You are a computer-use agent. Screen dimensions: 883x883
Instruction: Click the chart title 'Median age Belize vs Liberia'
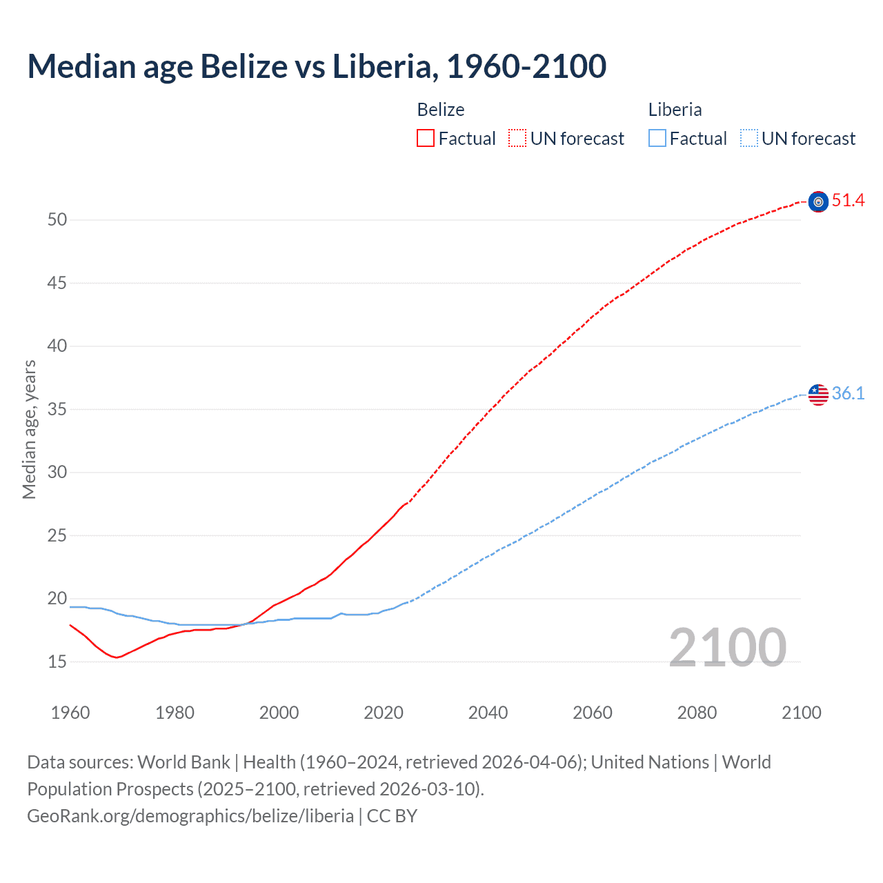(317, 67)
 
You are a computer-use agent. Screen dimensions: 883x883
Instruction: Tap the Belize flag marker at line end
(818, 201)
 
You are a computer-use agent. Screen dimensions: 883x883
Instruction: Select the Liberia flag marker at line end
(818, 395)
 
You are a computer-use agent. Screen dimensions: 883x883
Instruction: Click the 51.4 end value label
(848, 201)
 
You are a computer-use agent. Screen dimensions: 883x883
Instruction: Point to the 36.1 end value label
(848, 394)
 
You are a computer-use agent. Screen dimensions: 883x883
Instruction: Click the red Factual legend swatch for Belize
(426, 139)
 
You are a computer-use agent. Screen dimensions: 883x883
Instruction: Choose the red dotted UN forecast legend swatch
(517, 139)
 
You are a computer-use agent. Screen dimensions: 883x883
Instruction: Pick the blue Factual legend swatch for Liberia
(657, 139)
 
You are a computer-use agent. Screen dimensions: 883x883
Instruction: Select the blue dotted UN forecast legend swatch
(748, 139)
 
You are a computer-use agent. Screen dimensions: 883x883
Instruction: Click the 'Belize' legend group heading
(441, 110)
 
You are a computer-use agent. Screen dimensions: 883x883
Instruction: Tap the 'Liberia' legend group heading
(675, 110)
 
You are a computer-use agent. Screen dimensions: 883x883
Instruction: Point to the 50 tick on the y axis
(57, 220)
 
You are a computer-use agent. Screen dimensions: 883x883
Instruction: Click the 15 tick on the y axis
(57, 662)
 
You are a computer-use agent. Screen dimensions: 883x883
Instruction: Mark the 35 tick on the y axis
(57, 410)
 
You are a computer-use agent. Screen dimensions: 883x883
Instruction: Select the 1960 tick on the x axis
(70, 713)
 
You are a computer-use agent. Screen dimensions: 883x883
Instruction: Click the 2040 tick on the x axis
(488, 713)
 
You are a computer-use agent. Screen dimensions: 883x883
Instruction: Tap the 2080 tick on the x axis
(697, 713)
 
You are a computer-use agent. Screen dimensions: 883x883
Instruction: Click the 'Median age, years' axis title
(29, 429)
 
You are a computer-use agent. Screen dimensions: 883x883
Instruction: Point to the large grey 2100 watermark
(727, 647)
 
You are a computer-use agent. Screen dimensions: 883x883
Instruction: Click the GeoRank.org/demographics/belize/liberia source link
(190, 816)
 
